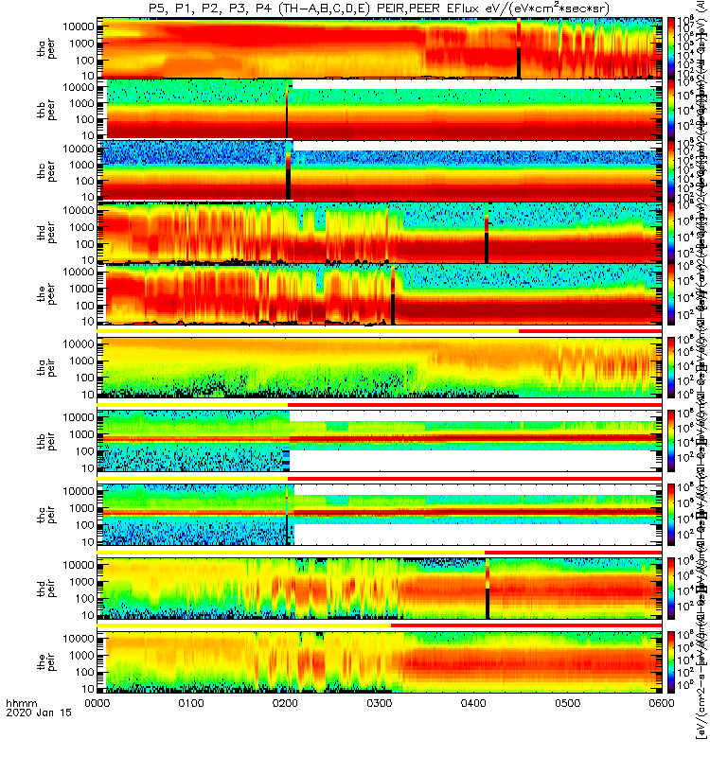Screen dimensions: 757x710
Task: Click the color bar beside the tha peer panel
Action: pos(672,47)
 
